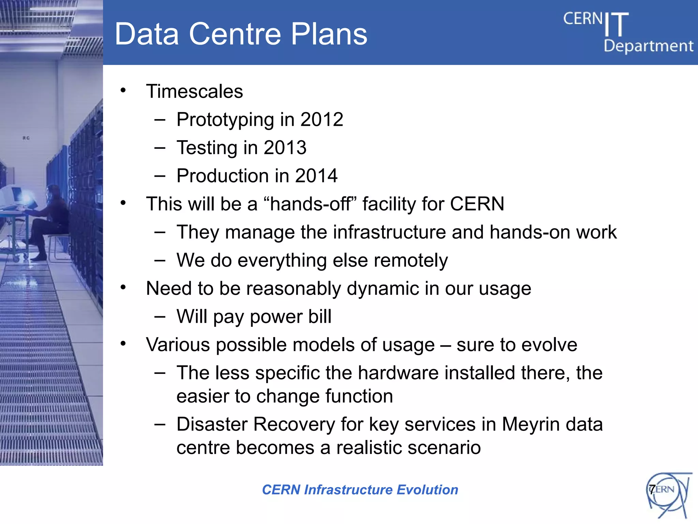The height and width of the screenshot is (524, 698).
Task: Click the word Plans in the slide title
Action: pyautogui.click(x=329, y=34)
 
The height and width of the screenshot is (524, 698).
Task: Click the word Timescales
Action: pyautogui.click(x=194, y=91)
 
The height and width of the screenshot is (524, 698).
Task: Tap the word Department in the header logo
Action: pyautogui.click(x=648, y=46)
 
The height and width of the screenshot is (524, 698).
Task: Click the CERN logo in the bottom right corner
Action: pyautogui.click(x=668, y=494)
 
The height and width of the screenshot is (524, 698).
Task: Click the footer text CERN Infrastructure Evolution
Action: pyautogui.click(x=360, y=490)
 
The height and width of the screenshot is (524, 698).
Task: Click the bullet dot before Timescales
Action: pyautogui.click(x=123, y=91)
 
